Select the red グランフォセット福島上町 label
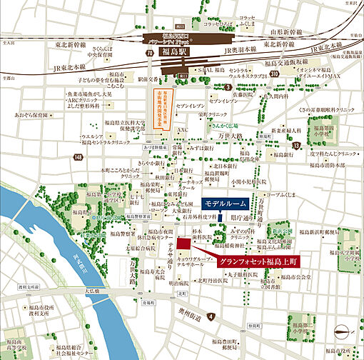(x=259, y=263)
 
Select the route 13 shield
(x=295, y=146)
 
